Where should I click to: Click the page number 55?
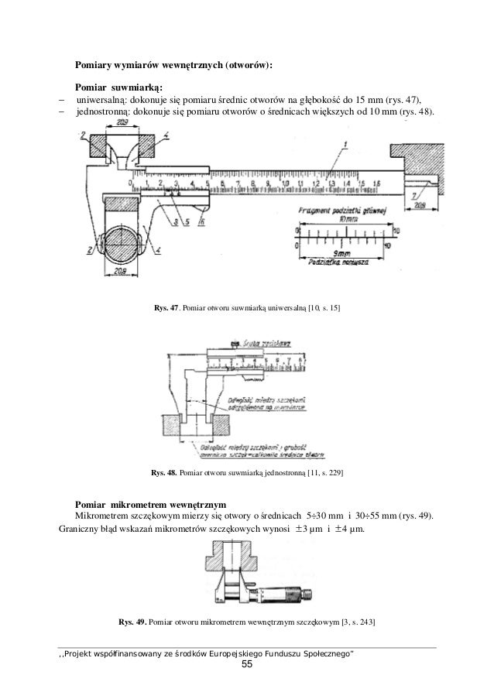click(x=247, y=666)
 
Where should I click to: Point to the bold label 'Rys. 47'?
click(x=166, y=309)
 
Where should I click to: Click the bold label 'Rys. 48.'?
click(x=164, y=471)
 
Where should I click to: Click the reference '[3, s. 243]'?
click(x=353, y=622)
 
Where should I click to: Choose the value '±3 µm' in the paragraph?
click(x=303, y=530)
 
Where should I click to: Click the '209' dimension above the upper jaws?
click(x=122, y=123)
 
